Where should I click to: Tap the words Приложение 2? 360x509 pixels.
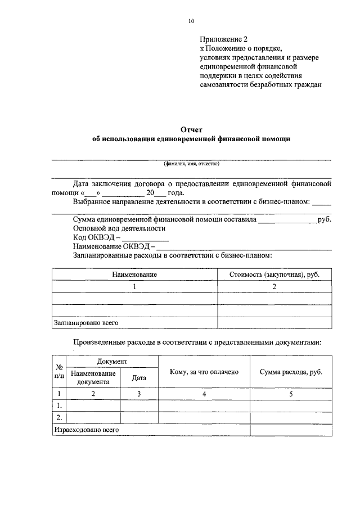point(223,39)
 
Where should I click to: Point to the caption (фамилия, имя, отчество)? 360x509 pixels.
point(191,164)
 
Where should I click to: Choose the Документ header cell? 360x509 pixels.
point(112,361)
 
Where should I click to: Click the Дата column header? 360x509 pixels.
point(139,378)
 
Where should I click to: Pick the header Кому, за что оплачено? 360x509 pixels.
point(204,372)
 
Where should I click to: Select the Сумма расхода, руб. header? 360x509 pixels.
point(291,372)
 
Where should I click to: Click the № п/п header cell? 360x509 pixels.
point(58,372)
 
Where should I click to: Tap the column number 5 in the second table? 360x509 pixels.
point(291,394)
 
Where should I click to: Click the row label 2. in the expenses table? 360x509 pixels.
point(58,417)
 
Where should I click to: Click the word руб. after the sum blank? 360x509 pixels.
point(325,219)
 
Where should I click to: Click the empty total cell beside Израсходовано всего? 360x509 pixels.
point(291,429)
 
